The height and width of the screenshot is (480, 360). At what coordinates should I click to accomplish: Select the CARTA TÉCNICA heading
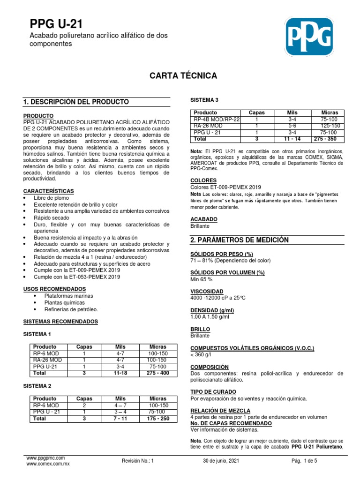point(183,75)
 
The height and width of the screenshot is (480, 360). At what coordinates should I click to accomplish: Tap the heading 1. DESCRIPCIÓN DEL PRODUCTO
point(76,102)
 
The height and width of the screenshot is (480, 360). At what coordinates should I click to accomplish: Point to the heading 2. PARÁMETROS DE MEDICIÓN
point(239,240)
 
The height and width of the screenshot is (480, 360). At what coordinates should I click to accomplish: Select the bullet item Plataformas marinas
point(68,296)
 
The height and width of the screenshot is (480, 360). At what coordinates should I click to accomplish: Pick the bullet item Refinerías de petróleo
point(71,309)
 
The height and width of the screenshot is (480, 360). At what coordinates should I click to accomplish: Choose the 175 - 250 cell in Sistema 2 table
point(157,418)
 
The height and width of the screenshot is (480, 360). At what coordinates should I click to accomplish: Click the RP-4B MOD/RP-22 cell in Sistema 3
point(217,120)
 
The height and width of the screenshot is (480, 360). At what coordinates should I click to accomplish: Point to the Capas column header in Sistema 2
point(84,398)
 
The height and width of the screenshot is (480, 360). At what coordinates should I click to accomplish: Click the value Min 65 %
point(202,279)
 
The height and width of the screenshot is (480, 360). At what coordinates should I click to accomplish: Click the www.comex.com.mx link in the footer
point(48,464)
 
